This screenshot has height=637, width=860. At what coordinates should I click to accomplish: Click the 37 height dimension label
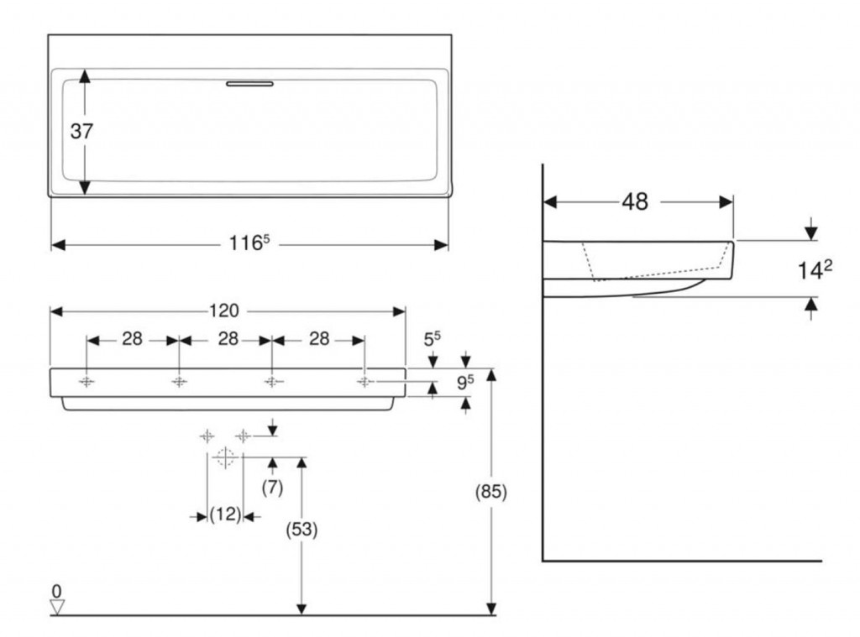[81, 132]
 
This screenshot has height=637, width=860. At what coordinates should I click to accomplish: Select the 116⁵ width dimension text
[249, 244]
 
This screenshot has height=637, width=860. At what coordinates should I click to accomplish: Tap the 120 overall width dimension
[224, 311]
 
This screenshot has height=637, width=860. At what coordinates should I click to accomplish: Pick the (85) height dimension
[491, 493]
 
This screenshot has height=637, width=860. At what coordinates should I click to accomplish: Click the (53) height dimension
[303, 530]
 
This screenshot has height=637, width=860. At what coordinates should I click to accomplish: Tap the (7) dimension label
[273, 487]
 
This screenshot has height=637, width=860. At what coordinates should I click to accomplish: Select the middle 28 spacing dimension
[225, 339]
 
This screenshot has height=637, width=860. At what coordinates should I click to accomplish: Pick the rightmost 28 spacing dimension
[318, 339]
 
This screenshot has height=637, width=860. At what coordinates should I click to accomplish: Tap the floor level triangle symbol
[57, 606]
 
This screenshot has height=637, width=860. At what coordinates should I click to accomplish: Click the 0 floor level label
[56, 590]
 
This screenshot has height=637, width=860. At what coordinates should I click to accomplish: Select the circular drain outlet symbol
[224, 457]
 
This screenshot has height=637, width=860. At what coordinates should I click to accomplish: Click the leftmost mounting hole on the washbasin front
[87, 382]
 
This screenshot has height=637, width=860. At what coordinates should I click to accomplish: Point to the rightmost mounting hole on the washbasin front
[364, 382]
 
